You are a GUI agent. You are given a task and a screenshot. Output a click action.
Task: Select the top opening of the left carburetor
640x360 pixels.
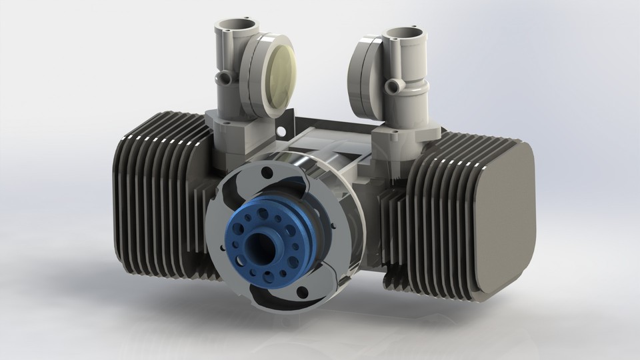coord(232,28)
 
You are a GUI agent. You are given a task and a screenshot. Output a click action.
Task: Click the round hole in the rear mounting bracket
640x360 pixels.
coord(289,126)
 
